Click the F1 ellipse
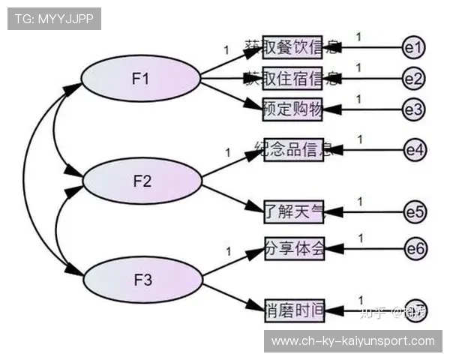tap(140, 78)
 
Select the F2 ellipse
tap(142, 181)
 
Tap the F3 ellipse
tap(142, 280)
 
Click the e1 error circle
tap(413, 47)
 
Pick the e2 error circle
tap(413, 77)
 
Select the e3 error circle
tap(413, 109)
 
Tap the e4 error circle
tap(414, 150)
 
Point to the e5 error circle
tap(414, 211)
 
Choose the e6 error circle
tap(414, 248)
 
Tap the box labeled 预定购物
tap(293, 109)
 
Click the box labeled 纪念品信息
tap(293, 149)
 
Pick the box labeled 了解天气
tap(293, 211)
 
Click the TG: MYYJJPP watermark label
tap(54, 19)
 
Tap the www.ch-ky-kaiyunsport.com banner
tap(353, 341)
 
